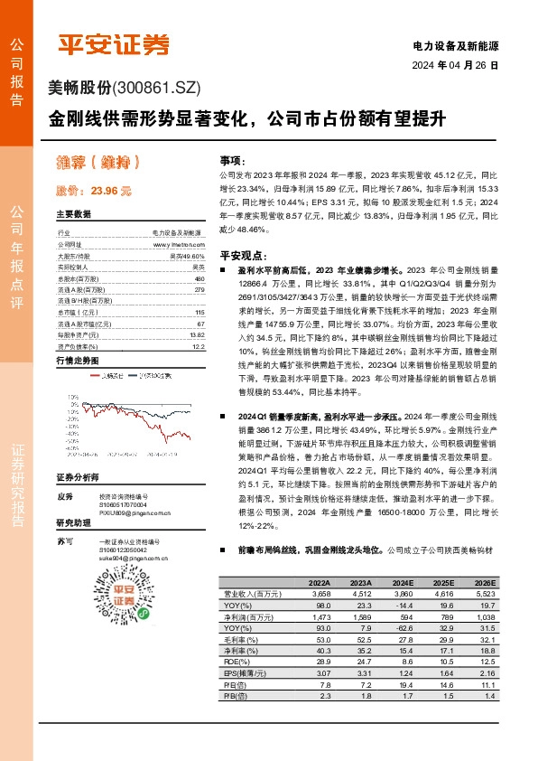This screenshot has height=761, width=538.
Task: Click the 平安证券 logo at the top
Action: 113,43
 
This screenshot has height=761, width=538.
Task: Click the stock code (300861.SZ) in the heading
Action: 155,88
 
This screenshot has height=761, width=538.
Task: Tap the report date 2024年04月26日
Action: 455,66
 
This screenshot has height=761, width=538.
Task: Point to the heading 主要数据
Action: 73,215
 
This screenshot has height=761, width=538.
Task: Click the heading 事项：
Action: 233,158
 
